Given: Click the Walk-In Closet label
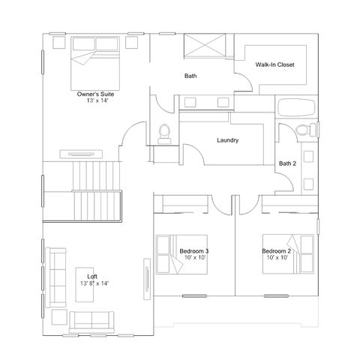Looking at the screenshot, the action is tap(274, 64).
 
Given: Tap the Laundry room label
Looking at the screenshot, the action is tap(227, 140).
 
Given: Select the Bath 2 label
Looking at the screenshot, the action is tap(287, 163).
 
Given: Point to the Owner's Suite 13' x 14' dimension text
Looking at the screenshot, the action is tap(97, 100).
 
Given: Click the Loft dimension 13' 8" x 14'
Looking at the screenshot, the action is tap(94, 283).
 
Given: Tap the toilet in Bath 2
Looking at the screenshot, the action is tap(306, 130).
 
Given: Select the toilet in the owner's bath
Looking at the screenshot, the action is tap(164, 134).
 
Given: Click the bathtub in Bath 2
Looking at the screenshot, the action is tap(296, 107).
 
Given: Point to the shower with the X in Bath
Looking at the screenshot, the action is tap(205, 46).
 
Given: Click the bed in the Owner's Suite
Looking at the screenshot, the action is tap(95, 64).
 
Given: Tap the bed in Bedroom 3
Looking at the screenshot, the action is tap(181, 254).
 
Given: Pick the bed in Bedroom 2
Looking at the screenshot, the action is tap(288, 253).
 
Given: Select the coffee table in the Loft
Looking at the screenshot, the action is tap(85, 285).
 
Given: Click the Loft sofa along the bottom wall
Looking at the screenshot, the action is tap(91, 322).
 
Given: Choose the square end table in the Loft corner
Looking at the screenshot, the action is tap(59, 317).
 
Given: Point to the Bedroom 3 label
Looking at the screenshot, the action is tap(194, 251).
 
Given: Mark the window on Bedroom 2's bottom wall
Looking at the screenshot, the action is tap(276, 296).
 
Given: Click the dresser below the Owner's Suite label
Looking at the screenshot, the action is tap(81, 154).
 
